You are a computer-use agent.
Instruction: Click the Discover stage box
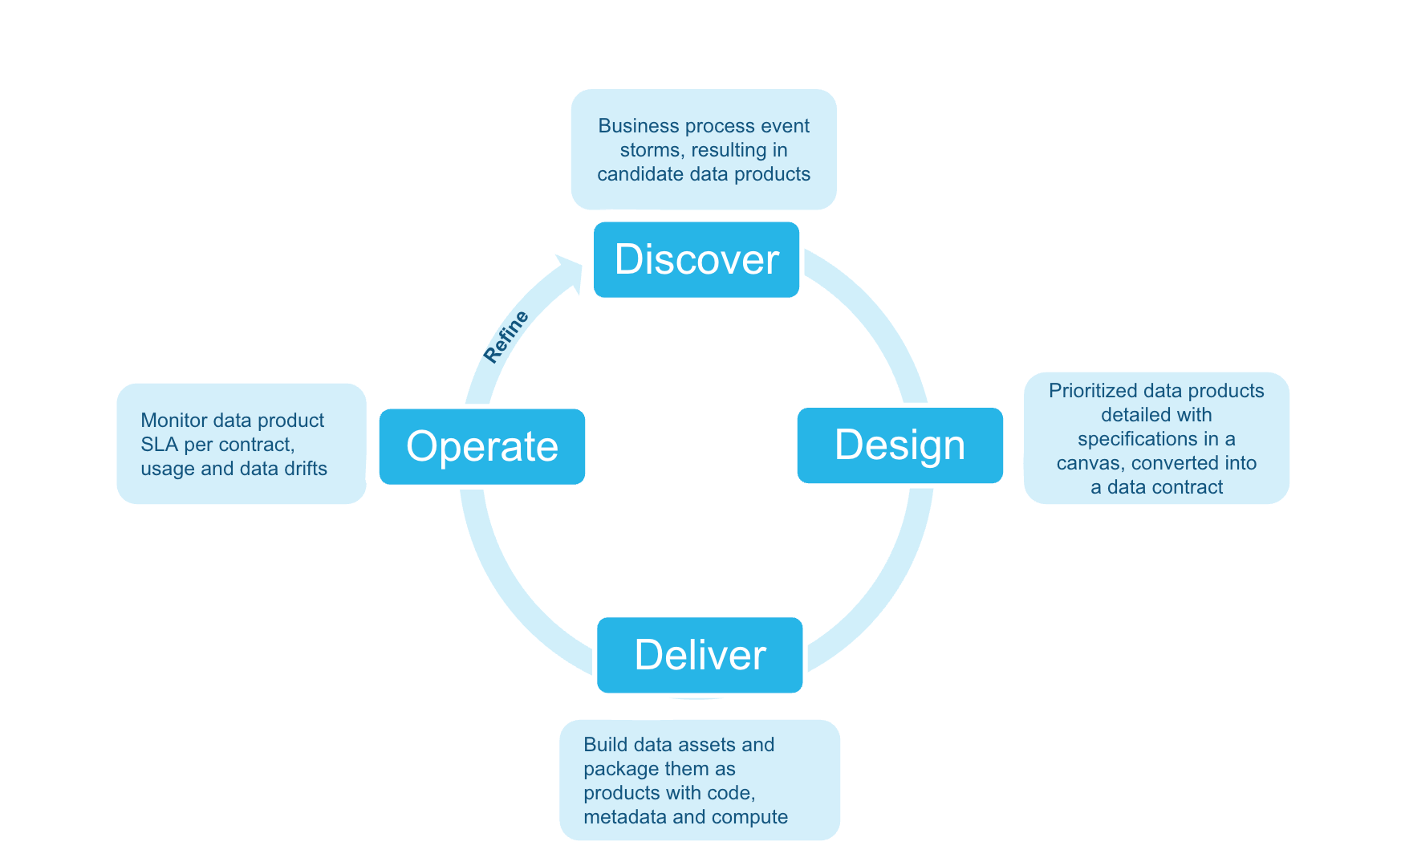coord(696,259)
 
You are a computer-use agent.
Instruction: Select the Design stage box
coord(899,445)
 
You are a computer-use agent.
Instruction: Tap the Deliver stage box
coord(700,654)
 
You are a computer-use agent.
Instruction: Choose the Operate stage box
coord(481,446)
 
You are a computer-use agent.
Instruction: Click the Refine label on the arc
coord(506,336)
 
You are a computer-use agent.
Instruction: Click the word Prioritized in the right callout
coord(1093,391)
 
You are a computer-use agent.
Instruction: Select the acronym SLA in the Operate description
coord(159,445)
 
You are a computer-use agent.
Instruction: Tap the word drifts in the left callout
coord(305,469)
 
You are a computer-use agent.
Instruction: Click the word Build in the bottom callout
coord(605,745)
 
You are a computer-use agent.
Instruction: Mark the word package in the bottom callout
coord(618,769)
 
